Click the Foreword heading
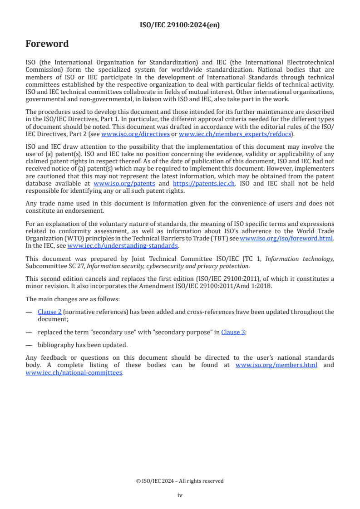coord(47,44)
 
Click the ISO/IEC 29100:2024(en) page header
coord(180,25)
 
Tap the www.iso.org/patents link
coord(124,183)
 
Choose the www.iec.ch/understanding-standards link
coord(123,245)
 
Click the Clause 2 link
coord(49,312)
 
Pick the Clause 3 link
coord(233,332)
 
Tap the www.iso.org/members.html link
coord(276,365)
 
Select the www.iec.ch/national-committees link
coord(74,372)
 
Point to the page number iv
coord(180,495)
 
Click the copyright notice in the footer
coord(180,481)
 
